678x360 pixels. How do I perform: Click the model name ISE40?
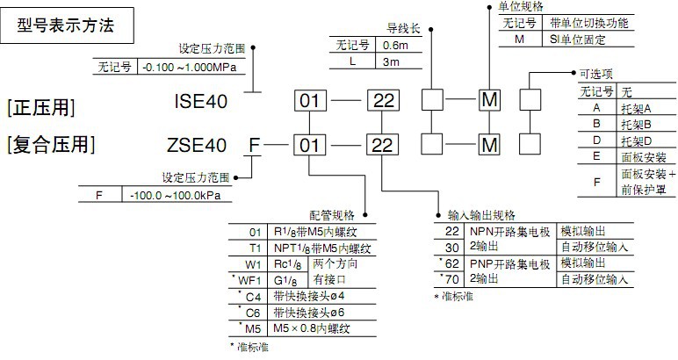pyautogui.click(x=201, y=101)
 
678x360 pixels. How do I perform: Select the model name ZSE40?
pyautogui.click(x=201, y=143)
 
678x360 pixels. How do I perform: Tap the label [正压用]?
pyautogui.click(x=40, y=107)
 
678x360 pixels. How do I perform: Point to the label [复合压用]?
pyautogui.click(x=50, y=143)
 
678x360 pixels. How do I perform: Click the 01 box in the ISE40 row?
pyautogui.click(x=311, y=101)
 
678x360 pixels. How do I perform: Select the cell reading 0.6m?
pyautogui.click(x=395, y=45)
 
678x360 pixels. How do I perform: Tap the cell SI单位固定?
pyautogui.click(x=583, y=39)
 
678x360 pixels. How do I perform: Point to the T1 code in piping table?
pyautogui.click(x=255, y=248)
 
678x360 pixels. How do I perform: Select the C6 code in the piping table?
pyautogui.click(x=255, y=311)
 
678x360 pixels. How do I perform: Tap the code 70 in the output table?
pyautogui.click(x=453, y=280)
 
